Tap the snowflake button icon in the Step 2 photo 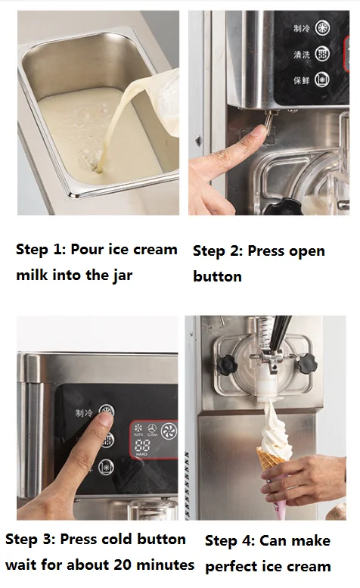coord(321,29)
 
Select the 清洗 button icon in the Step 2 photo coord(321,54)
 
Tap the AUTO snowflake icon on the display coord(138,429)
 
